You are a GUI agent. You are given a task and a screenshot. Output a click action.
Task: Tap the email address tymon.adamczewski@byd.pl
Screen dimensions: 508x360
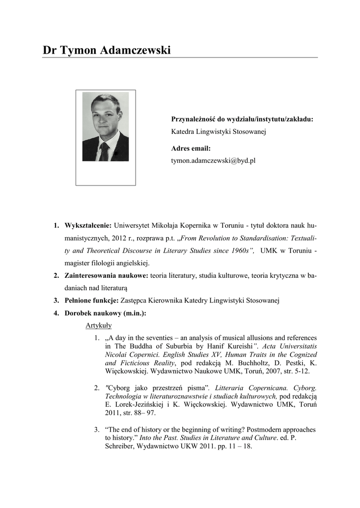tap(213, 161)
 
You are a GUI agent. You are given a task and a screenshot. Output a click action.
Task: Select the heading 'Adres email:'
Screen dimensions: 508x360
tap(191, 148)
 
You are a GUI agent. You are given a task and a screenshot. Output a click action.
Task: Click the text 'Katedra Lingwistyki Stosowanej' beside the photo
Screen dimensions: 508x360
tap(219, 131)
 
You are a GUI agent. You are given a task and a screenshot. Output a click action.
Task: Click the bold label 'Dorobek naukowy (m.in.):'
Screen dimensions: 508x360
tap(105, 313)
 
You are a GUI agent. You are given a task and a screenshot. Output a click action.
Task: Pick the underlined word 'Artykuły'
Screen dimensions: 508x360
tap(98, 325)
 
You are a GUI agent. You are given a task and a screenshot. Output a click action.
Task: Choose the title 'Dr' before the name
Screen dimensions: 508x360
tap(49, 50)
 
